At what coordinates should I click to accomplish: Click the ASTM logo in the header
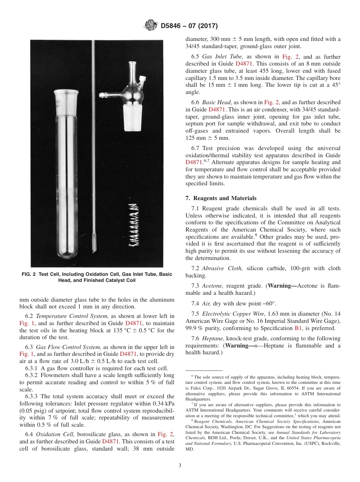point(151,26)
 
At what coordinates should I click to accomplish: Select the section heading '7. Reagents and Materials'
point(221,198)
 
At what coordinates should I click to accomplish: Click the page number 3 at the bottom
point(180,465)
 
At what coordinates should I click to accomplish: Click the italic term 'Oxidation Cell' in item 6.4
point(52,434)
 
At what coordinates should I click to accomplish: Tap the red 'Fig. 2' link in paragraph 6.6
point(271,102)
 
